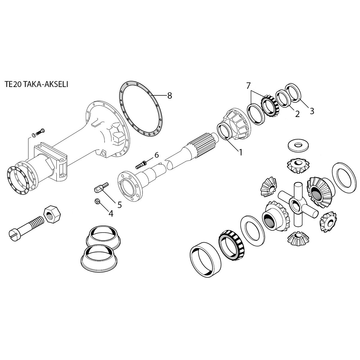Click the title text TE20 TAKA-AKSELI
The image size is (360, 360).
(36, 84)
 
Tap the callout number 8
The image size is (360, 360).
(169, 96)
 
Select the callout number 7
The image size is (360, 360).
(248, 85)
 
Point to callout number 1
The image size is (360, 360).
(240, 152)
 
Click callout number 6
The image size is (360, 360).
(156, 155)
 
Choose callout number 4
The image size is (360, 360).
(111, 213)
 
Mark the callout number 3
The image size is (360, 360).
(312, 111)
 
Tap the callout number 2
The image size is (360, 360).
(297, 114)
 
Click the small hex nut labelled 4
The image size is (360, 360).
(97, 201)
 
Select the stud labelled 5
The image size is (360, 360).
(100, 188)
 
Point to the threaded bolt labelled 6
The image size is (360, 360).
(141, 164)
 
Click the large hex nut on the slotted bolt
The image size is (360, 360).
(52, 214)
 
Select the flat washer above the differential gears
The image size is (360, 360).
(298, 145)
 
